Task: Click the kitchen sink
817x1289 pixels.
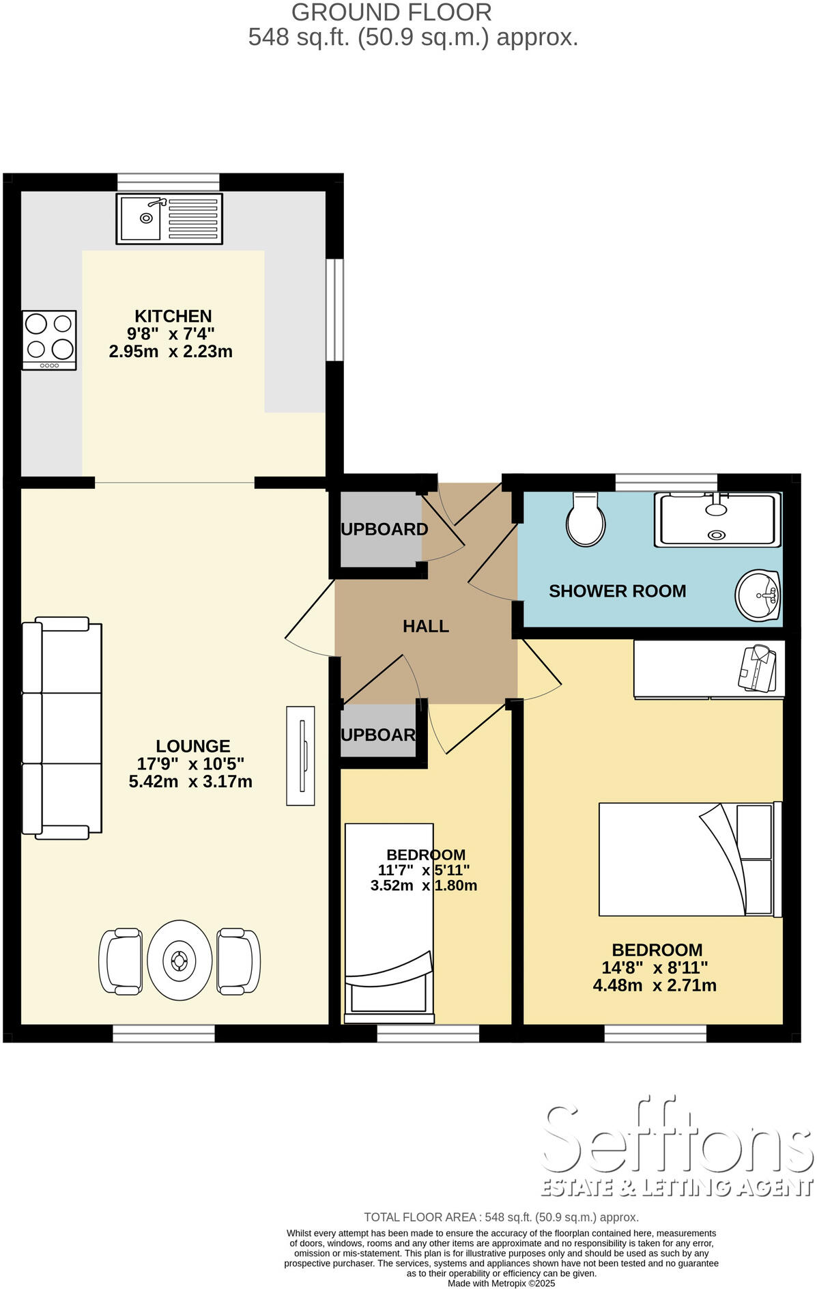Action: coord(169,218)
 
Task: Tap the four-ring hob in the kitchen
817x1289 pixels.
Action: coord(49,340)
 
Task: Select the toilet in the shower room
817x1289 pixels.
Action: coord(586,520)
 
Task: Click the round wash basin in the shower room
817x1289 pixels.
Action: coord(758,595)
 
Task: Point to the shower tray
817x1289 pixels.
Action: coord(717,520)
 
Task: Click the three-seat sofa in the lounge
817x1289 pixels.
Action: coord(61,728)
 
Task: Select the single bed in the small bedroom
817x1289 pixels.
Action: coord(389,922)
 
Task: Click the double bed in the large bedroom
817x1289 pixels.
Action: coord(689,859)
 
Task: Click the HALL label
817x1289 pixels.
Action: coord(425,626)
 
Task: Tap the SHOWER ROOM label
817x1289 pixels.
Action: coord(617,591)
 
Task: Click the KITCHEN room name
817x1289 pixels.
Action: coord(173,316)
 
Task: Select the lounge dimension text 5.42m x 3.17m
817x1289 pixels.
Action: coord(190,782)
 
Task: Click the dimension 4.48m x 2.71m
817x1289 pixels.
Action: coord(655,985)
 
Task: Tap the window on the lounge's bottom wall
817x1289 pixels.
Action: coord(164,1035)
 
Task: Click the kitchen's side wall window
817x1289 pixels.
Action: coord(334,309)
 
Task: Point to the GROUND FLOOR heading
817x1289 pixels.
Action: coord(391,12)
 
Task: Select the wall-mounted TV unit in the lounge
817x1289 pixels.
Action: coord(300,756)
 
